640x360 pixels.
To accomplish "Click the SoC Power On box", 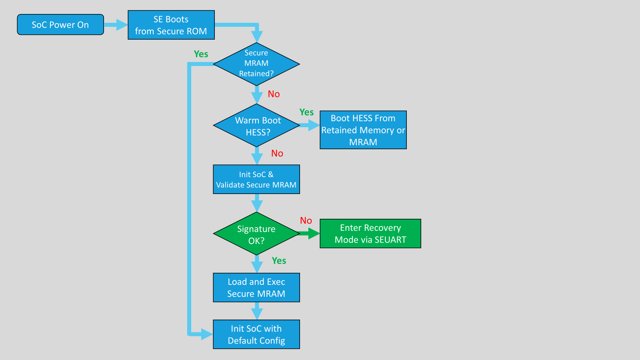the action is click(x=60, y=24).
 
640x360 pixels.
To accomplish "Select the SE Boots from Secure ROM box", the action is click(x=171, y=25).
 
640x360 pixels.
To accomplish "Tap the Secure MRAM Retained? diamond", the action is click(x=256, y=64).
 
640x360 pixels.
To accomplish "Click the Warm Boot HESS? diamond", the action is click(x=256, y=125).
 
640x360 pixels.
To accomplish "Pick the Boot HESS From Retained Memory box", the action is click(x=363, y=130).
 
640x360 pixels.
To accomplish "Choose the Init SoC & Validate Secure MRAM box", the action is click(x=256, y=180).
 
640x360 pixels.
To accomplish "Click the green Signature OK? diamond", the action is click(x=256, y=234).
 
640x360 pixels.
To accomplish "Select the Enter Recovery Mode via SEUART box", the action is click(x=370, y=234).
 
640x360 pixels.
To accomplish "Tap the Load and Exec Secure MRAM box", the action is click(x=256, y=288).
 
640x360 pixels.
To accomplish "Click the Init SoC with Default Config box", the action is click(x=256, y=334).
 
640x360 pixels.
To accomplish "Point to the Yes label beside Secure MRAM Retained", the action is click(x=201, y=54).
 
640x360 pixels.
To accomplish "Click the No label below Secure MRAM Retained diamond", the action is click(x=274, y=94).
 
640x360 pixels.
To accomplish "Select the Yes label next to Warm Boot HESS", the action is click(x=306, y=112).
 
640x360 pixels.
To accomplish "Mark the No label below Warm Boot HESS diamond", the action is click(x=277, y=154).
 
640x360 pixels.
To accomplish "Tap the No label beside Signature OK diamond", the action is click(x=306, y=220).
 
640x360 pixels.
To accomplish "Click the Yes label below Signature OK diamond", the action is click(x=279, y=260).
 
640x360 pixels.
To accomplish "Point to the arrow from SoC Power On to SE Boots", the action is click(x=116, y=25).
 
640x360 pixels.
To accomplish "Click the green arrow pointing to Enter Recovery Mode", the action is click(x=310, y=234).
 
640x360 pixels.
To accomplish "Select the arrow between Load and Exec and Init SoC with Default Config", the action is click(x=257, y=311).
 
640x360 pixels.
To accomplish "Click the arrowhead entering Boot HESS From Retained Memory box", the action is click(x=314, y=125).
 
